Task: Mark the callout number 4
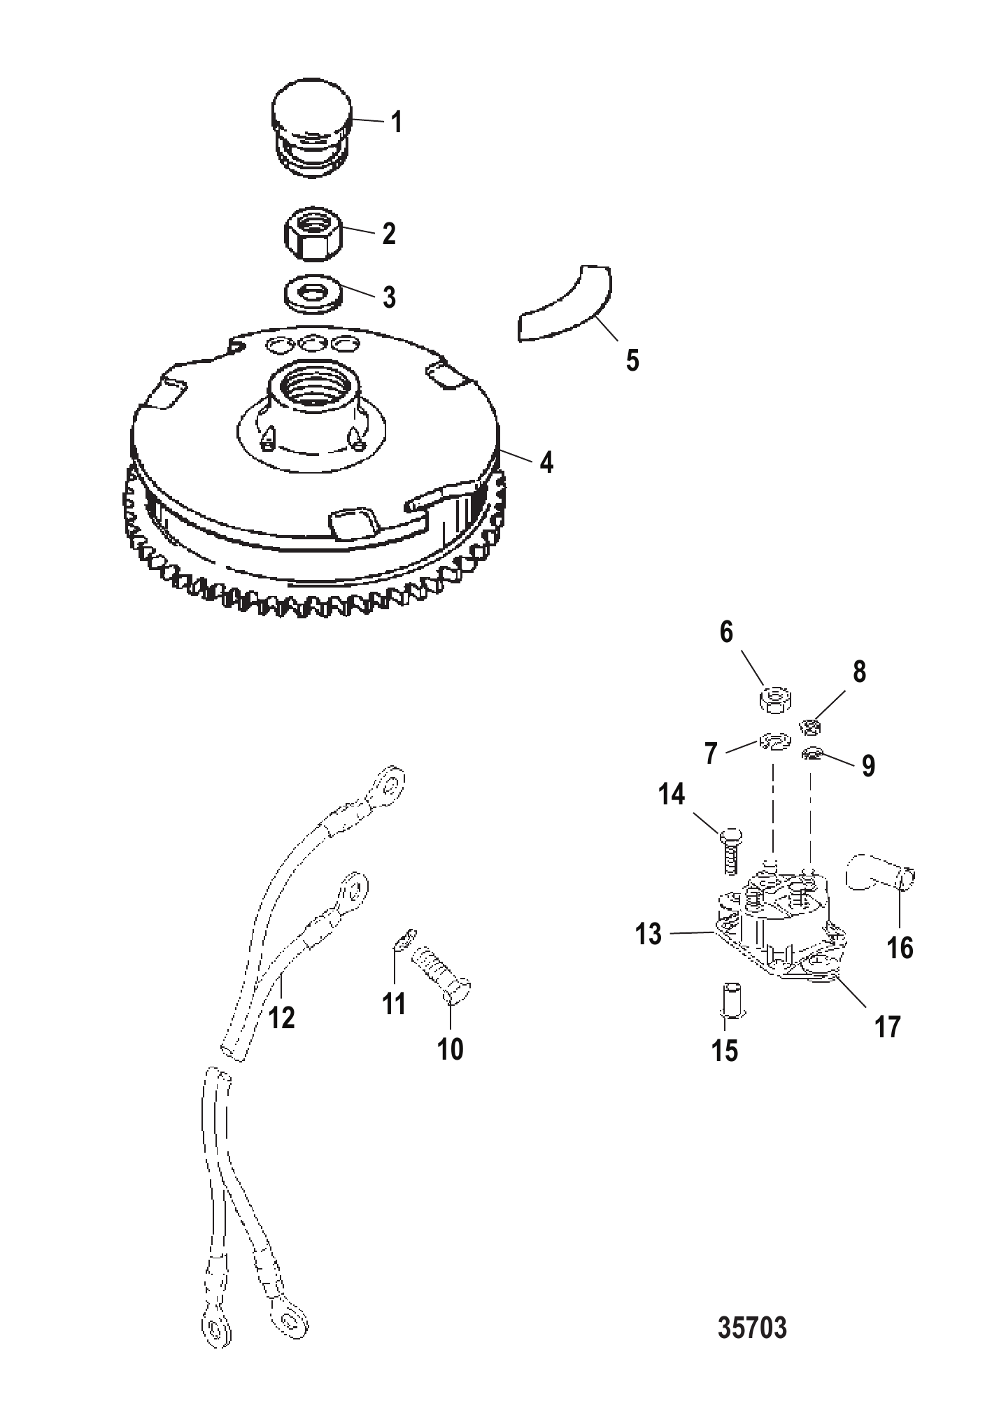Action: pos(546,462)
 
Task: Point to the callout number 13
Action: pos(649,934)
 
